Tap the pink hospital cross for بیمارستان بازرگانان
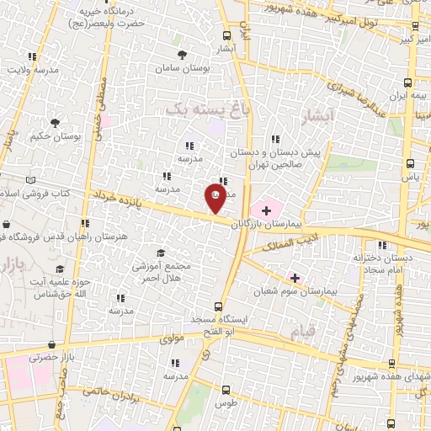click(268, 209)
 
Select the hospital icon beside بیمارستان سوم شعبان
click(295, 277)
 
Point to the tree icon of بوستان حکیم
click(55, 123)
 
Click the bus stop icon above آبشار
click(226, 36)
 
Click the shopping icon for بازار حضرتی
click(53, 345)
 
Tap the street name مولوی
click(171, 338)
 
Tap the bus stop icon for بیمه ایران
click(408, 82)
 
